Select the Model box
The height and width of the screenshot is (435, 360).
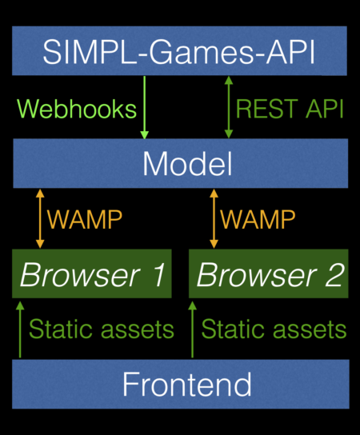(180, 163)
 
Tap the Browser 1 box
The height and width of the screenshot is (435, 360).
(91, 275)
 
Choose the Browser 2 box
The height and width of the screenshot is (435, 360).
(269, 275)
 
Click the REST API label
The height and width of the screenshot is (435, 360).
(290, 110)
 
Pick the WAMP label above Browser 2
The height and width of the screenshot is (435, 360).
(258, 218)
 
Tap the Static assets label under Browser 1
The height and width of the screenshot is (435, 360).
(101, 329)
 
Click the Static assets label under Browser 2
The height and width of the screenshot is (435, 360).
(274, 329)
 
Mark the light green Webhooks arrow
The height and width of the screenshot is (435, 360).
(145, 108)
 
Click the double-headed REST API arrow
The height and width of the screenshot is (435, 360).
(229, 108)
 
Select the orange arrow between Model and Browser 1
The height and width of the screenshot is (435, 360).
(39, 217)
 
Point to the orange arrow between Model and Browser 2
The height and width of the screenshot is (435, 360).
(213, 217)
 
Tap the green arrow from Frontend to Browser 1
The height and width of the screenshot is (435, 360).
(19, 328)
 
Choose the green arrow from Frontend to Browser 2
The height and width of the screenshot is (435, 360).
(192, 328)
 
